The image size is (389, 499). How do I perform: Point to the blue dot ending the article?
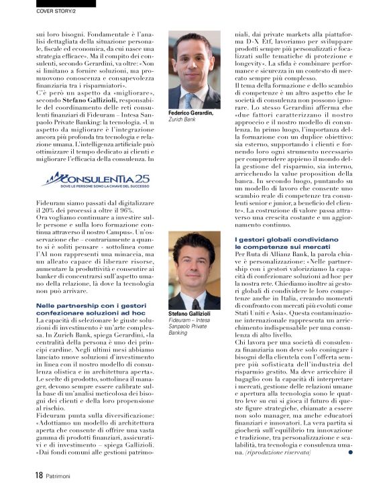[x=350, y=452]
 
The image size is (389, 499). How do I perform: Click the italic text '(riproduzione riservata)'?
[x=278, y=453]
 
